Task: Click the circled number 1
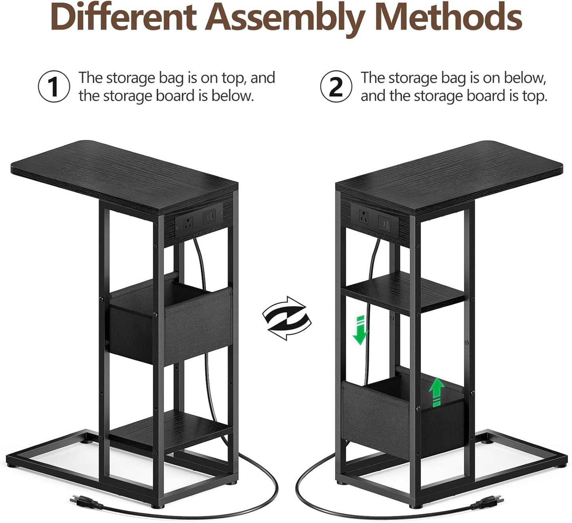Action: click(54, 86)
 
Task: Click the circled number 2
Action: click(336, 86)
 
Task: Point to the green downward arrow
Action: click(360, 330)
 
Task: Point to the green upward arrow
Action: click(436, 391)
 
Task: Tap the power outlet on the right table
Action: click(364, 218)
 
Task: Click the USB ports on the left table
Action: click(209, 218)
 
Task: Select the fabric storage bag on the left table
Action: click(170, 321)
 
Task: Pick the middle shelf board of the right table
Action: click(404, 293)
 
